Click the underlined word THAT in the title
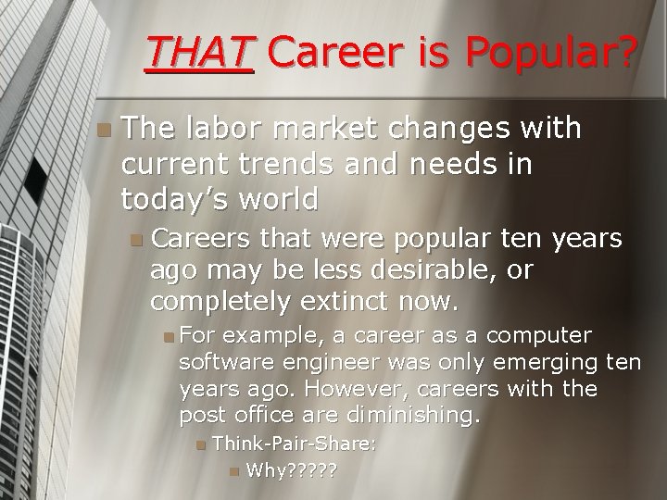199,54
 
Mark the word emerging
559,360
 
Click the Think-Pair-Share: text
294,444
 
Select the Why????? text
291,471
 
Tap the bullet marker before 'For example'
168,335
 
